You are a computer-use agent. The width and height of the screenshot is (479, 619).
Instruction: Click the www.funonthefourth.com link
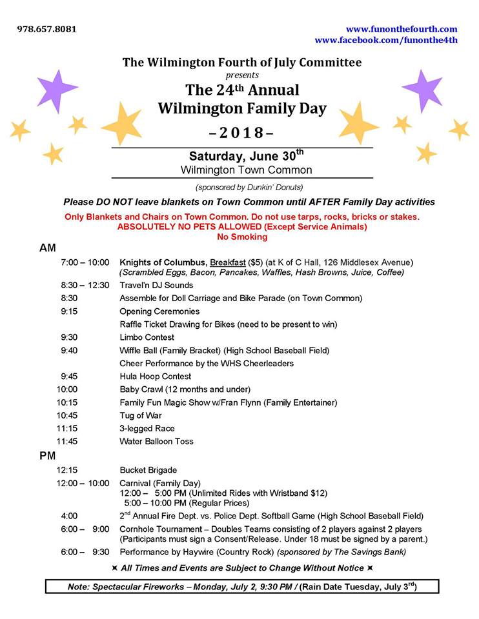point(402,29)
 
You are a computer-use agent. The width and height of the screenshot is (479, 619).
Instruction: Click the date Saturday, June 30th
point(245,156)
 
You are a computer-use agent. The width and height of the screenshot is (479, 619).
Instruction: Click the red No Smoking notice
point(242,237)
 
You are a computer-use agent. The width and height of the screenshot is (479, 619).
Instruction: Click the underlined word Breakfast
point(230,262)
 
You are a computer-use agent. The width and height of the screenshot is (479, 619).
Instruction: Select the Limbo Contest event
point(147,337)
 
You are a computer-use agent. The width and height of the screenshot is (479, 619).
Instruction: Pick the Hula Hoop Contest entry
point(155,377)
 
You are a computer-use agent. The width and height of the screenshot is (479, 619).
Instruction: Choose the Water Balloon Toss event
point(156,442)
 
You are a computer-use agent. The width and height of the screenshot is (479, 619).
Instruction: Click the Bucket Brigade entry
point(148,470)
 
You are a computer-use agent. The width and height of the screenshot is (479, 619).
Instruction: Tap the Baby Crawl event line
point(185,389)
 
